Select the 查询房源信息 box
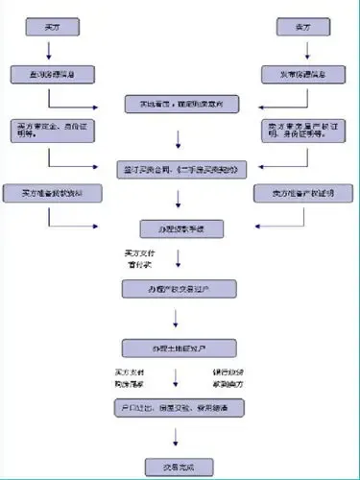[51, 73]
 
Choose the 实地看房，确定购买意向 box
[180, 103]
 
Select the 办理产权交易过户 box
[180, 289]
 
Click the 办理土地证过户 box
[180, 347]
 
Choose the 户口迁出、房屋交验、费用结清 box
[180, 408]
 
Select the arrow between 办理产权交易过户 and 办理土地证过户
[180, 318]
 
